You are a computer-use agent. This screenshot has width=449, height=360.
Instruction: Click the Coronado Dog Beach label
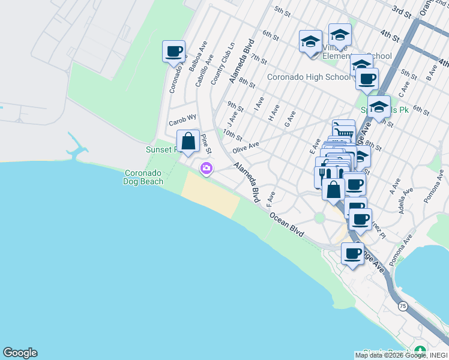[143, 176]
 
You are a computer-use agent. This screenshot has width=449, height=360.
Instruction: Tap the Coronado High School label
[309, 77]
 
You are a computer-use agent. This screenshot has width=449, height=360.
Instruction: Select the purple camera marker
[206, 169]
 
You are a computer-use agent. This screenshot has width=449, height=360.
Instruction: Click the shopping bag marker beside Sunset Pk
[188, 142]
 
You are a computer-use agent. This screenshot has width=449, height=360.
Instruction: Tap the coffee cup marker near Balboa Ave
[173, 52]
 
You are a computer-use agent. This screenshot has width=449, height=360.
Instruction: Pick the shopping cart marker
[343, 130]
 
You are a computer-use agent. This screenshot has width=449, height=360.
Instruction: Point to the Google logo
[20, 353]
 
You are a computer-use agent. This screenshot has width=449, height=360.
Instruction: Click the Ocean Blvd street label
[286, 224]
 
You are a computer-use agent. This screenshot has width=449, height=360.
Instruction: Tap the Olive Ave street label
[246, 146]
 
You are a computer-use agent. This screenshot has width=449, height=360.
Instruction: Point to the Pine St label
[206, 144]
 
